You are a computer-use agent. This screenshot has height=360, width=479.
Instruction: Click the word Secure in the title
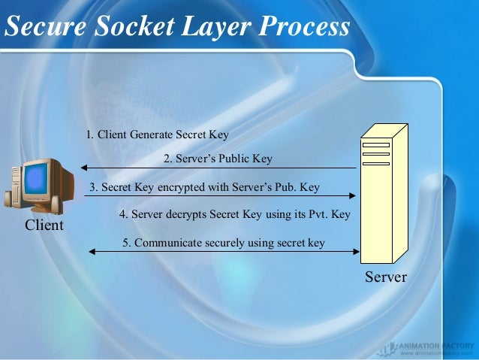[45, 27]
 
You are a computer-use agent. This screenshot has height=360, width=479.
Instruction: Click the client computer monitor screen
[35, 179]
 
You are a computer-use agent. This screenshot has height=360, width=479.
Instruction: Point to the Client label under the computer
[44, 225]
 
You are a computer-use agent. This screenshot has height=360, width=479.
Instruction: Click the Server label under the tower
[385, 277]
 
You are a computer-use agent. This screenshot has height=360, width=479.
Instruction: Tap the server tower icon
[383, 192]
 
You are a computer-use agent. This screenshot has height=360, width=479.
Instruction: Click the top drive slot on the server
[375, 144]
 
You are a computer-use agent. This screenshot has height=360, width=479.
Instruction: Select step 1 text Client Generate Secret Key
[157, 135]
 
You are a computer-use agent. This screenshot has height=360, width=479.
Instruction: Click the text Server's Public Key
[218, 159]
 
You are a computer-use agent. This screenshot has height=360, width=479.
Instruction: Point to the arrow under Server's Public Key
[218, 168]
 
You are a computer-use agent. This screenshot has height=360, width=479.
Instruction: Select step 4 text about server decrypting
[235, 214]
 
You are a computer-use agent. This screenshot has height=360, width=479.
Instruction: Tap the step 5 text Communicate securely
[224, 243]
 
